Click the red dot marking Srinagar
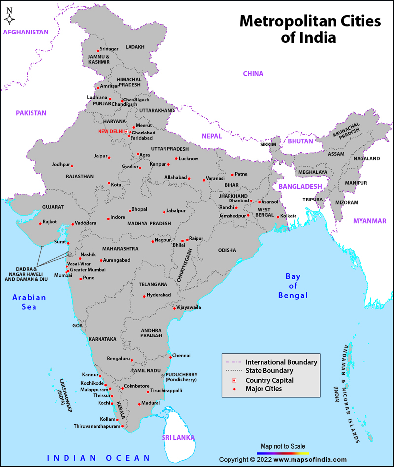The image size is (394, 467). point(98,50)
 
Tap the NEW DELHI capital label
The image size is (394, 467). point(112,131)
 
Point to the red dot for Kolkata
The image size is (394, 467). point(278,217)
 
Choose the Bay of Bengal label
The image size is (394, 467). point(293,286)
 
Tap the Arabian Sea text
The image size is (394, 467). point(30,302)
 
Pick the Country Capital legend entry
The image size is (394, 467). point(269,380)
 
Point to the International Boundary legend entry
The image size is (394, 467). point(281,362)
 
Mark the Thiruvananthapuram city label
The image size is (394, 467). point(97,426)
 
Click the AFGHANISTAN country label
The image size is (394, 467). point(26,32)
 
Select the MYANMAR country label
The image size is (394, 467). point(369,221)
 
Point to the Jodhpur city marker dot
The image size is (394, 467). point(72,166)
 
